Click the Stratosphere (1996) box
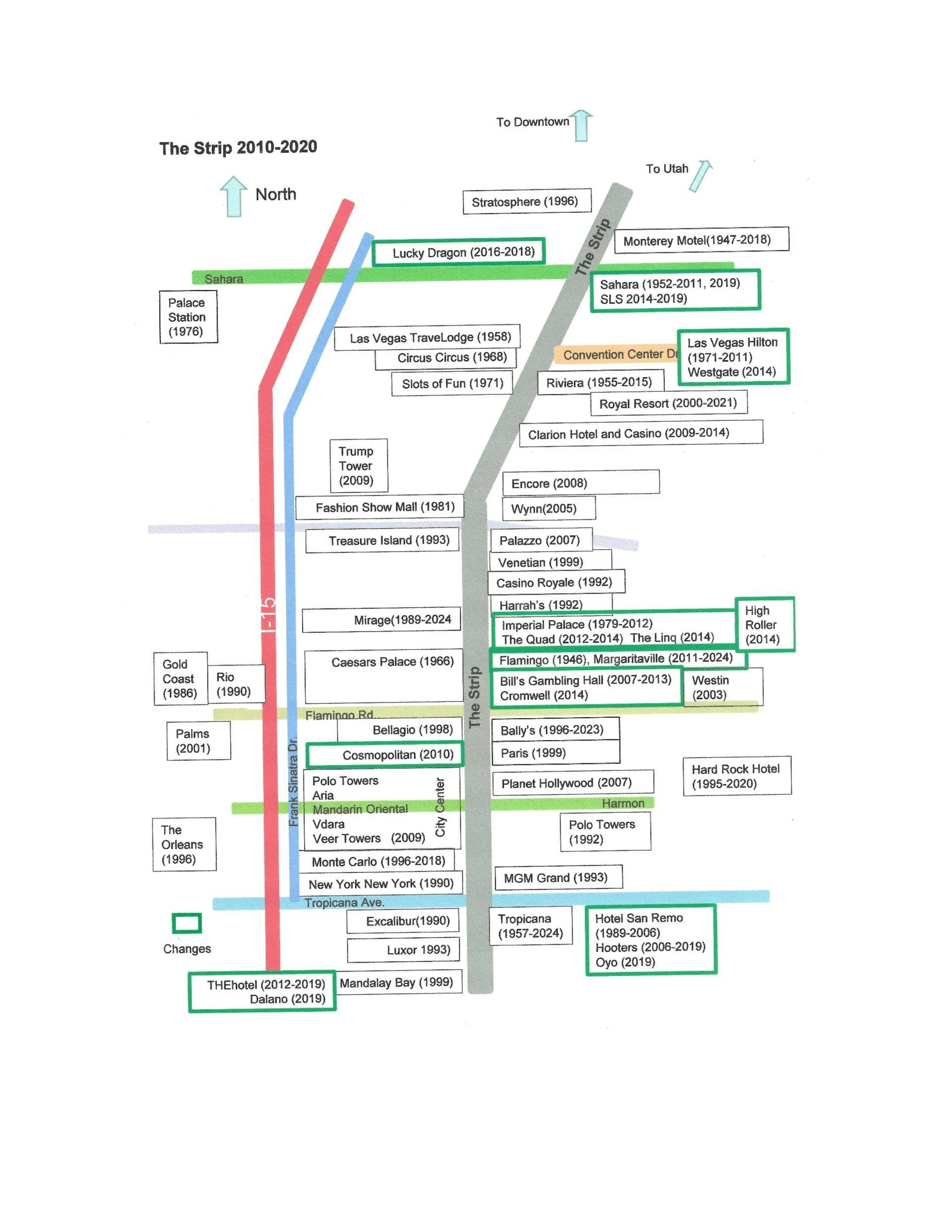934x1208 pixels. (x=526, y=201)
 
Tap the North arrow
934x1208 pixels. (x=234, y=196)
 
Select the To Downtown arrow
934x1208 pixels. (x=581, y=125)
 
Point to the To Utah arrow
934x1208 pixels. (x=701, y=176)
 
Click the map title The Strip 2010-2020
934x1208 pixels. (x=238, y=147)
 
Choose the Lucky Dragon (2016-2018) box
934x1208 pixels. (x=458, y=252)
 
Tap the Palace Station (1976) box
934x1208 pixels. (x=188, y=317)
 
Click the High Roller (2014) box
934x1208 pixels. (x=764, y=624)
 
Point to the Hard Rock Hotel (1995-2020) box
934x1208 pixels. (x=736, y=776)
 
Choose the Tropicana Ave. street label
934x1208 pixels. (x=344, y=903)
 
